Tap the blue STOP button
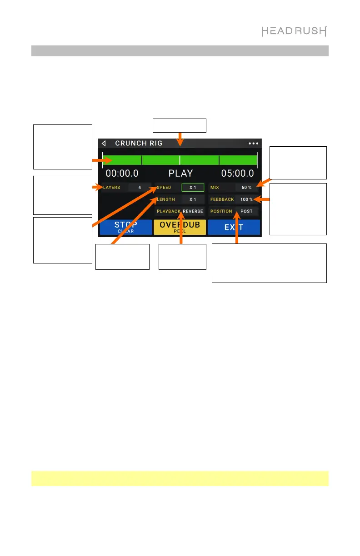click(125, 227)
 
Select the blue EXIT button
click(234, 227)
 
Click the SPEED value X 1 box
click(193, 187)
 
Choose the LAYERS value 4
click(140, 187)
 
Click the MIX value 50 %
click(246, 187)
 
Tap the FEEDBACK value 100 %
click(246, 199)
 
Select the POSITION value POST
click(246, 211)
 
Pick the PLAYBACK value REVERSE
click(193, 211)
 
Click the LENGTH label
click(166, 199)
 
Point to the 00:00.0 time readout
click(122, 174)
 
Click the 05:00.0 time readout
click(237, 174)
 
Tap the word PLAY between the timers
click(180, 174)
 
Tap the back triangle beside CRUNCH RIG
click(104, 143)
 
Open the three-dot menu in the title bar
click(253, 143)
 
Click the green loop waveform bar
click(180, 160)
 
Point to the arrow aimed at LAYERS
click(96, 187)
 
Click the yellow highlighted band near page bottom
click(180, 478)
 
